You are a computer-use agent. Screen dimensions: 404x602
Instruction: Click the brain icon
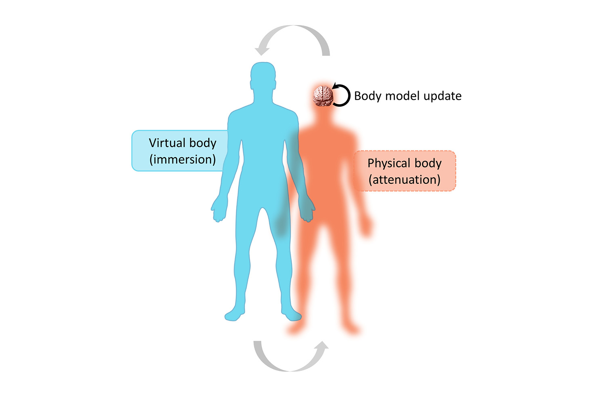(323, 96)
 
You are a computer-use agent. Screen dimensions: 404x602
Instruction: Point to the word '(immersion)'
(182, 159)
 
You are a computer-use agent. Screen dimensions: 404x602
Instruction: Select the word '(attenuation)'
(405, 179)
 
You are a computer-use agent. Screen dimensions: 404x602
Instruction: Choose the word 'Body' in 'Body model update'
(367, 96)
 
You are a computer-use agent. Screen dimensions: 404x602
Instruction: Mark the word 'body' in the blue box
(203, 143)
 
